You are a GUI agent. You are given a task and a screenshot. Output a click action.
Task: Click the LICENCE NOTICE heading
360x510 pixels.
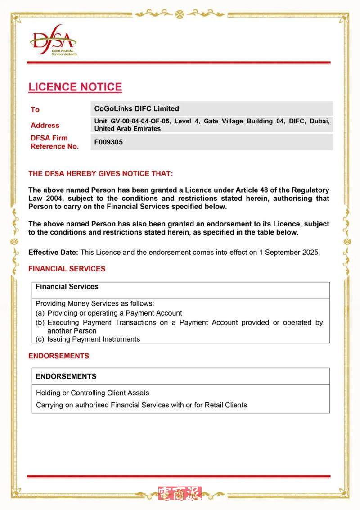[75, 87]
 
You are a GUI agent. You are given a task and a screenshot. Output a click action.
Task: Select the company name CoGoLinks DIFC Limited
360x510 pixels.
[136, 109]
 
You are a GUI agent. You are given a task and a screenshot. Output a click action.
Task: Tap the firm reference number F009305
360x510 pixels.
[108, 142]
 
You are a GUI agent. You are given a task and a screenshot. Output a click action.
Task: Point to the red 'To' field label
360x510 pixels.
[35, 110]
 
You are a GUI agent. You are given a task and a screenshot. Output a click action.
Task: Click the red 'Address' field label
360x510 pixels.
[45, 126]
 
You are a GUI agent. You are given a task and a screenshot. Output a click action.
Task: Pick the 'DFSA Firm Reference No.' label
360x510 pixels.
[54, 142]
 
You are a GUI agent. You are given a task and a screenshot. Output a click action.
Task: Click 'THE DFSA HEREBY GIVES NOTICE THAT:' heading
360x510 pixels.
[100, 174]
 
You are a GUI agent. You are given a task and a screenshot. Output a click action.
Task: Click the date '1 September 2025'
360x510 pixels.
[289, 253]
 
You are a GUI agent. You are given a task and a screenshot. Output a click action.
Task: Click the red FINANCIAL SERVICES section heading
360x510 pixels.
[67, 269]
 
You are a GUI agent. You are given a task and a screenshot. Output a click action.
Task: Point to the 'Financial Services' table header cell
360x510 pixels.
[67, 287]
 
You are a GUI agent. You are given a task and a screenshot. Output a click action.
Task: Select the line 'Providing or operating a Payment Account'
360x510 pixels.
[115, 313]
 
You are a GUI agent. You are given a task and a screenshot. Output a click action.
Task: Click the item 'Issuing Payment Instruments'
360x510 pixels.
[94, 339]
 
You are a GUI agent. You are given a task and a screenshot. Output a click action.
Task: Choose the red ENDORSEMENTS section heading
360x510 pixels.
[59, 356]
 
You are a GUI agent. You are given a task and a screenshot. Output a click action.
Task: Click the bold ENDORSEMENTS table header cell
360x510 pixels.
[66, 376]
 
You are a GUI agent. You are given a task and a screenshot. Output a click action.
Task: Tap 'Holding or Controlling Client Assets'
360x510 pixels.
[93, 393]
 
